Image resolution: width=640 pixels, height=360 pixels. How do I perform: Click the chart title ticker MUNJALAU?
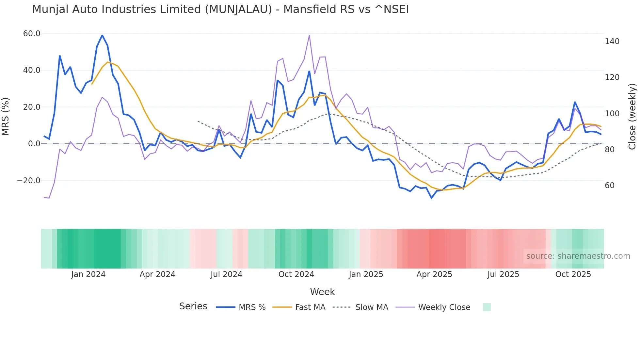[238, 9]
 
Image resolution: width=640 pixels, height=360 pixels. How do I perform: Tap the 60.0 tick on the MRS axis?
[32, 34]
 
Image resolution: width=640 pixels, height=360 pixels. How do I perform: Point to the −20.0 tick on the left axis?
[29, 181]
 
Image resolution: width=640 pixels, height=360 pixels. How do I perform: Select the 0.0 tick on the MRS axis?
[34, 144]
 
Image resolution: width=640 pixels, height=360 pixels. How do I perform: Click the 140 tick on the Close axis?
[612, 41]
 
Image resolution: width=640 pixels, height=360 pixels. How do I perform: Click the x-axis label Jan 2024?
[88, 274]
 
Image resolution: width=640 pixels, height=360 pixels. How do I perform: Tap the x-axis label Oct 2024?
[296, 274]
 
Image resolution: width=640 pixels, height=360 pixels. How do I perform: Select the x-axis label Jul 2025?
[503, 274]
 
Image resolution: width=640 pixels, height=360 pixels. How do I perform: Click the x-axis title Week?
[322, 292]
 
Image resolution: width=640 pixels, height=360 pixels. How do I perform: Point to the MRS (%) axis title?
[6, 116]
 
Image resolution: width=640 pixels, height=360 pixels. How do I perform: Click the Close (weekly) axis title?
[632, 116]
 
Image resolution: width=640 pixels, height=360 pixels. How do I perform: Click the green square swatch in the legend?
[487, 307]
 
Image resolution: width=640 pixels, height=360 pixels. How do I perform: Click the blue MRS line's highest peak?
[102, 35]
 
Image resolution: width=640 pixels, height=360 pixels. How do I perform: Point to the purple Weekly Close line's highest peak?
[309, 36]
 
